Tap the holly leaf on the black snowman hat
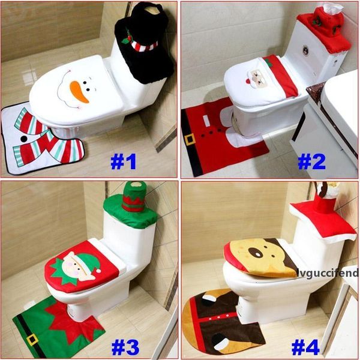[x=127, y=39]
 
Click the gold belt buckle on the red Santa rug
[x=190, y=139]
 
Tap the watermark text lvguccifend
[x=326, y=273]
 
